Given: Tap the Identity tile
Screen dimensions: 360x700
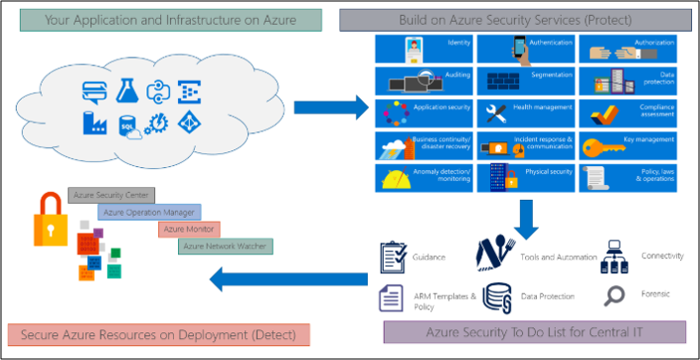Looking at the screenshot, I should (x=425, y=47).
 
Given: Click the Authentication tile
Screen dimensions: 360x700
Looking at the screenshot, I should (x=526, y=47).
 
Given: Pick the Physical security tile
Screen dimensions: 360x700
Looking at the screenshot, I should (x=526, y=177).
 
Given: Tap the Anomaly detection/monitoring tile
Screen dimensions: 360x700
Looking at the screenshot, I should (x=425, y=177).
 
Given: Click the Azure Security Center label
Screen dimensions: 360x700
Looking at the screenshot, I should (x=106, y=195).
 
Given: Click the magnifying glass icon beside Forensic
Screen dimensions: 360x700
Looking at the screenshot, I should (x=614, y=295).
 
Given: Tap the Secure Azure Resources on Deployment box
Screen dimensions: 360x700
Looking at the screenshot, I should (x=157, y=333).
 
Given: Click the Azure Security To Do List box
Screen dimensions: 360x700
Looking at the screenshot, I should (x=534, y=331).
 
